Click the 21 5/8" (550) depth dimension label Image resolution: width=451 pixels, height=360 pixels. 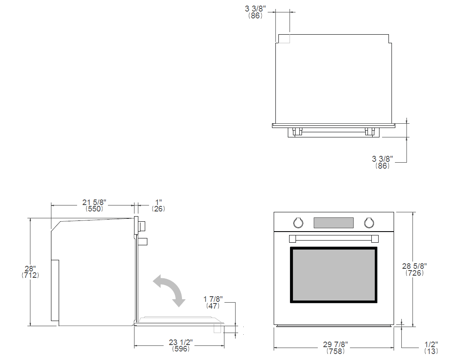click(x=94, y=205)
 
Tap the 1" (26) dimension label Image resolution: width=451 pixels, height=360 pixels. click(x=158, y=205)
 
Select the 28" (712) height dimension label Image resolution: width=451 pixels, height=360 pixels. click(x=30, y=272)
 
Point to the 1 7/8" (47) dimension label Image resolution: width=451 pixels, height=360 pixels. click(x=213, y=303)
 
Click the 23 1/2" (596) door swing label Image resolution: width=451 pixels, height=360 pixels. click(x=181, y=345)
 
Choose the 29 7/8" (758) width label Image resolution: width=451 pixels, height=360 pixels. click(x=335, y=348)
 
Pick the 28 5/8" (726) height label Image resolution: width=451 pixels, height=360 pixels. click(x=415, y=270)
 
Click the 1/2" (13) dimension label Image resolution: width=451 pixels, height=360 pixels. click(x=431, y=348)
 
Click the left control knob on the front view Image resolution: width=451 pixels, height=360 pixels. click(x=298, y=223)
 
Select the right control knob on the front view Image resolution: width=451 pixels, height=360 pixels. click(x=369, y=223)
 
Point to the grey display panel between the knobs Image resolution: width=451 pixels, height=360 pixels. click(x=334, y=223)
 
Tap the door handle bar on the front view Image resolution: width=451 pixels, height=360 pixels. click(x=334, y=239)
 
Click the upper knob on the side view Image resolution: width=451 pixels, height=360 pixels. click(x=141, y=226)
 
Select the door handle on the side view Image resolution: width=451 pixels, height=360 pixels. click(x=143, y=241)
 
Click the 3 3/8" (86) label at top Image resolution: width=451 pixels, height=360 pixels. click(x=255, y=12)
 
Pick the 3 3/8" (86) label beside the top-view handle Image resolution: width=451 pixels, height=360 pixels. click(x=382, y=162)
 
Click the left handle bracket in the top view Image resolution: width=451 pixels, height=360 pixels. click(x=297, y=131)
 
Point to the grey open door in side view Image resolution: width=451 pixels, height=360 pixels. click(x=180, y=321)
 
